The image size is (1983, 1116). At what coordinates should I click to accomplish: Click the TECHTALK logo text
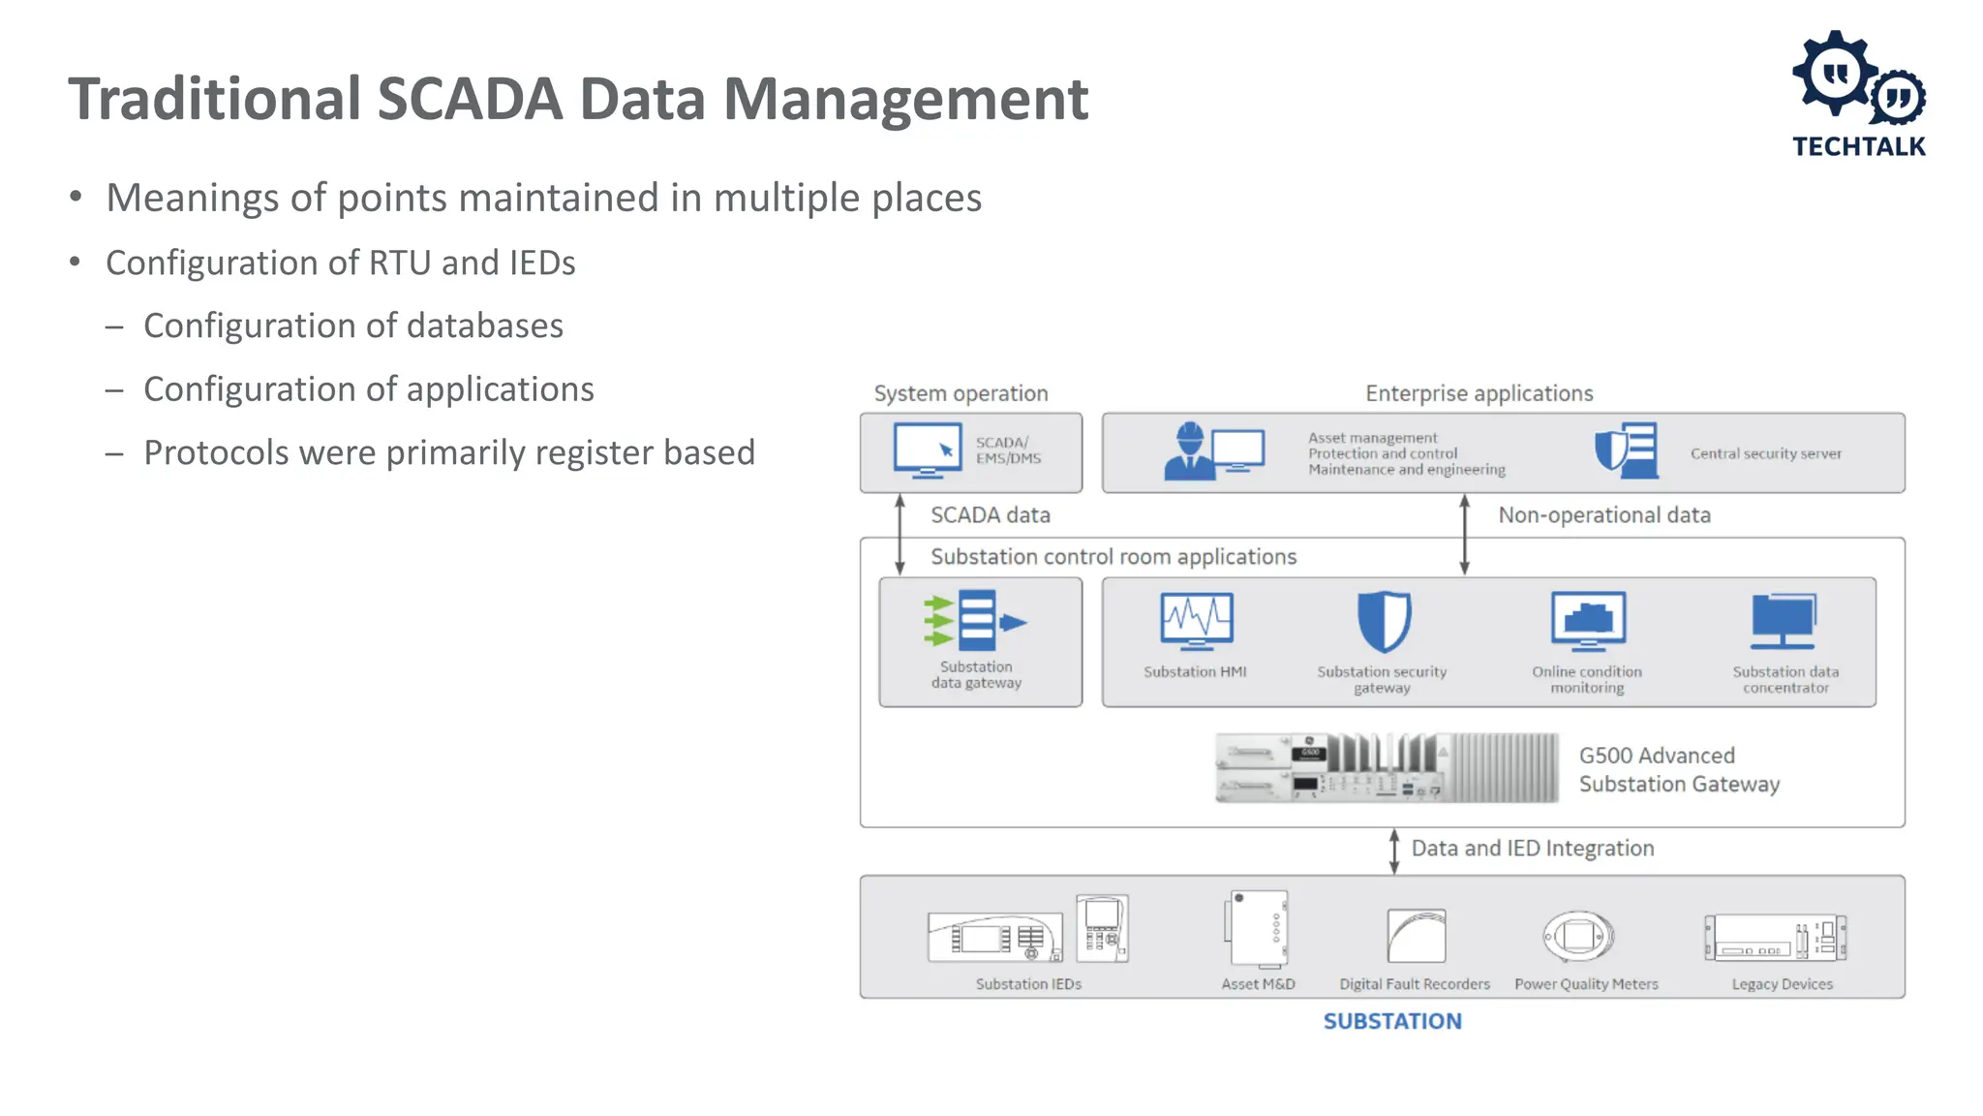[1858, 146]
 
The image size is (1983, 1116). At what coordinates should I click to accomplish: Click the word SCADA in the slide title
[469, 99]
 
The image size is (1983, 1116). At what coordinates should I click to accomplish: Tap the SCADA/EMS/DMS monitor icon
[927, 450]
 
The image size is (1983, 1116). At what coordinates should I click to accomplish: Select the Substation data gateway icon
[974, 620]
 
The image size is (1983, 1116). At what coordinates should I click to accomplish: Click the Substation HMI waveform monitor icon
[1197, 621]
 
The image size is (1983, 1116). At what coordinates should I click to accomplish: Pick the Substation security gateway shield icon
[1384, 622]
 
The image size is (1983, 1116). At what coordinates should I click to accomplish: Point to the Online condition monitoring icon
[1588, 621]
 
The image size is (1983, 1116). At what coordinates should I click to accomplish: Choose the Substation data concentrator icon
[1784, 621]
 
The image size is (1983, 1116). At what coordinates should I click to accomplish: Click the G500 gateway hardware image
[1386, 767]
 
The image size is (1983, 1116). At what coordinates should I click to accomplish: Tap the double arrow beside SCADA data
[900, 535]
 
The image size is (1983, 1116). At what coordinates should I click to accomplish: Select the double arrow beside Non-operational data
[1464, 535]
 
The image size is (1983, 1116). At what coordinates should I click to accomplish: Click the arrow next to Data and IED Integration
[1394, 851]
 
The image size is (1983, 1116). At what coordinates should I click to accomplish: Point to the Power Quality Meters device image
[1578, 936]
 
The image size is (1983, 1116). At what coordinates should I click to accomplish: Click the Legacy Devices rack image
[1775, 938]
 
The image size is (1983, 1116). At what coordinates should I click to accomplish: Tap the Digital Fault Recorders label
[1414, 984]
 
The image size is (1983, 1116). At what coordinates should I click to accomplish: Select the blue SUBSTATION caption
[1392, 1021]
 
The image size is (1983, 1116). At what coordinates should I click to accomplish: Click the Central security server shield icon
[1627, 450]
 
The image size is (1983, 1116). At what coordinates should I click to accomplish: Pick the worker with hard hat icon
[1190, 451]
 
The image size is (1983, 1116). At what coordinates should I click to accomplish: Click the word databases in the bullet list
[484, 326]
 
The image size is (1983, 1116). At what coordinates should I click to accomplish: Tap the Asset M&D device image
[1257, 929]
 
